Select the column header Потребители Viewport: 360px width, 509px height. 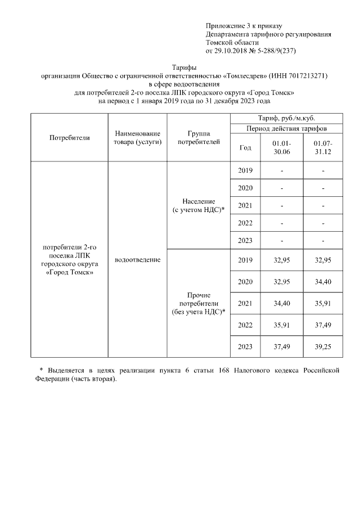[70, 137]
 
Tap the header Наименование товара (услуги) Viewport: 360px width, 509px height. [138, 138]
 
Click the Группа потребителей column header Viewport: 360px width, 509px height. [199, 138]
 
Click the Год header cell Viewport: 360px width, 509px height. [245, 148]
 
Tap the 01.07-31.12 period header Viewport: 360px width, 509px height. [323, 148]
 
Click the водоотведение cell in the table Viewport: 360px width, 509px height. [138, 260]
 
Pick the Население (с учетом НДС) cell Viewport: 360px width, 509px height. [199, 205]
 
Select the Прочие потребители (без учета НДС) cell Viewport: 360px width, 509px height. [199, 303]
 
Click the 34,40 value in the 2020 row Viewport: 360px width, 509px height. [323, 282]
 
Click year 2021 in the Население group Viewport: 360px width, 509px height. [245, 206]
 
